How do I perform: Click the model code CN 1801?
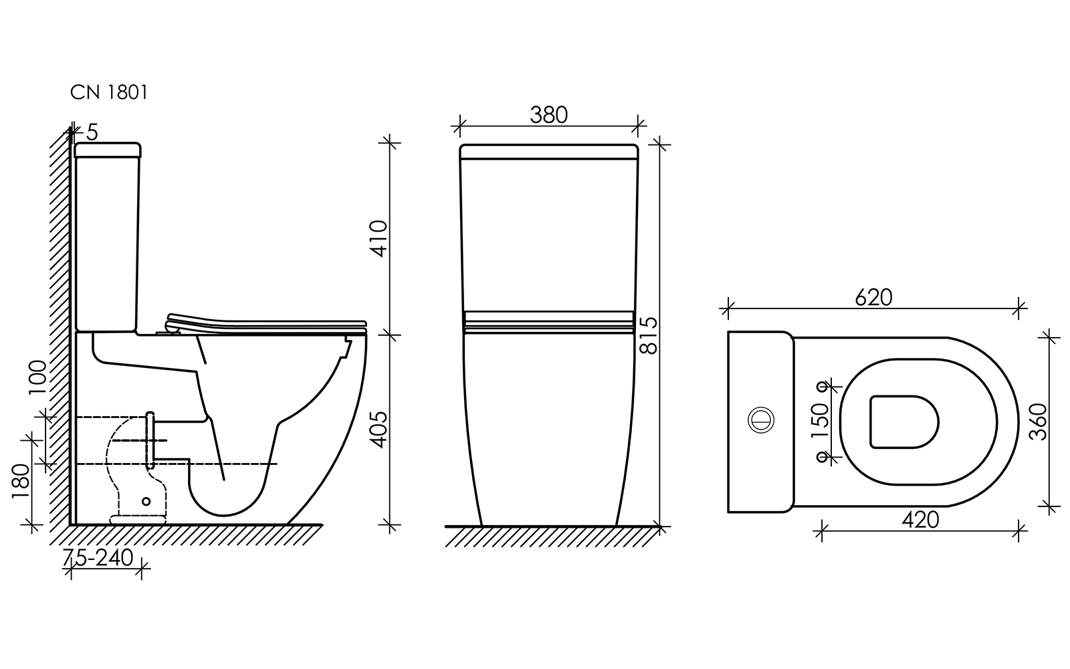pos(109,93)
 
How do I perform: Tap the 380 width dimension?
pos(549,115)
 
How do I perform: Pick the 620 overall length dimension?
pos(873,298)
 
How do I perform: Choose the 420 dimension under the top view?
pos(920,520)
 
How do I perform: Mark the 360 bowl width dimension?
pos(1037,422)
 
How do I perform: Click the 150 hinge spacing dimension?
pos(820,421)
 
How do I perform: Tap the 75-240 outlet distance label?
pos(98,558)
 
